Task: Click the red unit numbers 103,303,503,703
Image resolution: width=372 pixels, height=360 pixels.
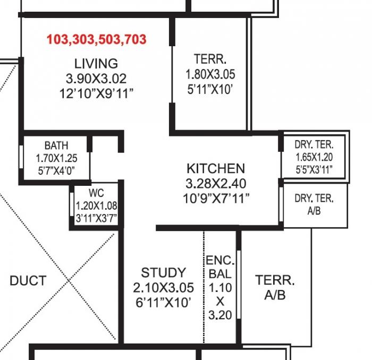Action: click(x=96, y=39)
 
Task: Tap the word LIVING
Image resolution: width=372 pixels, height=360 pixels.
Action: click(x=96, y=64)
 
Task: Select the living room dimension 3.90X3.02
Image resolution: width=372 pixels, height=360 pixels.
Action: click(x=96, y=79)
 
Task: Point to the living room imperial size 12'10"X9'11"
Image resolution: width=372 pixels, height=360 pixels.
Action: click(x=96, y=93)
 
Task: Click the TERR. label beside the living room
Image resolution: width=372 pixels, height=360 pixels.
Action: click(x=210, y=59)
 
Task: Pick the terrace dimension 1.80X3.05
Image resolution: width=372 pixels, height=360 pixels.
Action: click(x=210, y=75)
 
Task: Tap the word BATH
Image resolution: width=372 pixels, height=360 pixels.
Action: click(x=56, y=145)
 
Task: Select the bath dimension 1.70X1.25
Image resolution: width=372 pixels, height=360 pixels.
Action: click(x=56, y=158)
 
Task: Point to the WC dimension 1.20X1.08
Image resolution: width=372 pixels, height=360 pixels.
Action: click(x=96, y=205)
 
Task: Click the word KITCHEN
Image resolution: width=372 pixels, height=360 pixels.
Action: click(x=216, y=169)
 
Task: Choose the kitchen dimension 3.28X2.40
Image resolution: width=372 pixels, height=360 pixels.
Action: click(x=216, y=184)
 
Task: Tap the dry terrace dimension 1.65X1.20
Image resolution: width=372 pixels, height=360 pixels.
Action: click(x=314, y=157)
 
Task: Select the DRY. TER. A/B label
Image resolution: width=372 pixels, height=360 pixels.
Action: click(x=314, y=204)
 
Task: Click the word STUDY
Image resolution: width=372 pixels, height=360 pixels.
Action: click(x=163, y=273)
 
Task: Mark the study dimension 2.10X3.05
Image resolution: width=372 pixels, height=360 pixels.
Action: click(x=163, y=288)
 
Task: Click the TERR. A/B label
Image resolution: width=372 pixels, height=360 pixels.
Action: click(x=275, y=287)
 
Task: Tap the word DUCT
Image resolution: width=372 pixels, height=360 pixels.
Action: click(x=28, y=281)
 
